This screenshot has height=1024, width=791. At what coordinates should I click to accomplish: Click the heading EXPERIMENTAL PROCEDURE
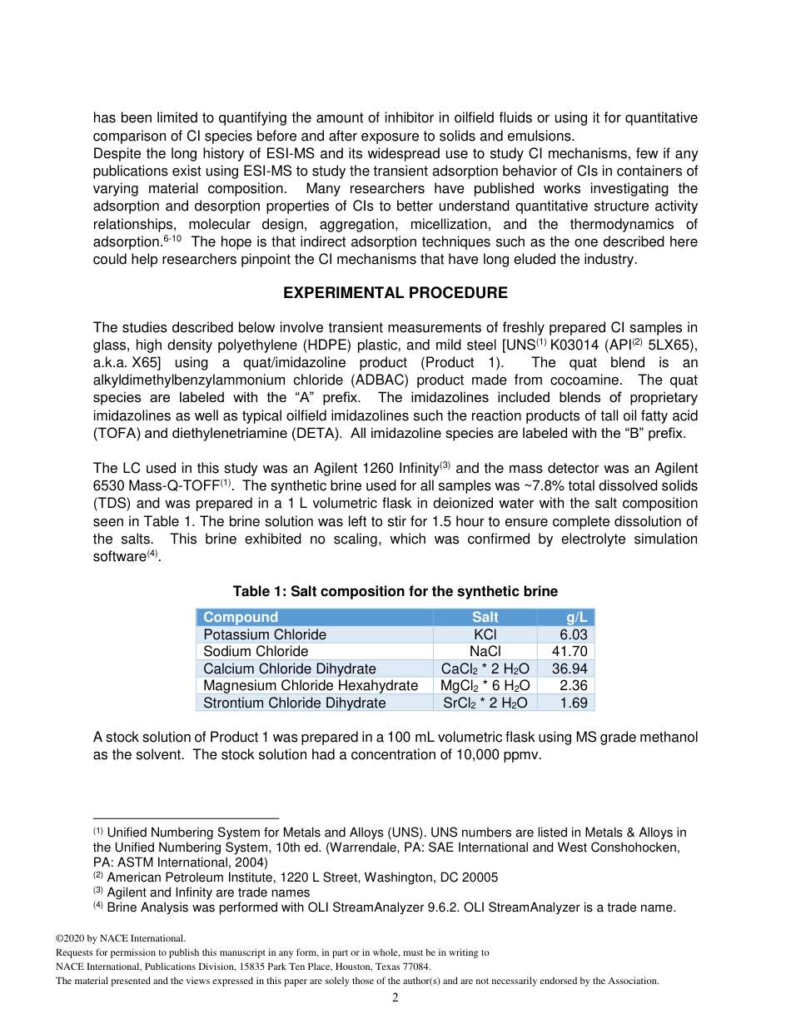click(x=395, y=293)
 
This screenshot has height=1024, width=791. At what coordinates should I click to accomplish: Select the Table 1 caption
click(x=395, y=591)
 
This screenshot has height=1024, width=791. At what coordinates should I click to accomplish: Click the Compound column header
click(x=241, y=617)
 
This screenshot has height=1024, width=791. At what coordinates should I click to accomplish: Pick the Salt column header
click(x=485, y=617)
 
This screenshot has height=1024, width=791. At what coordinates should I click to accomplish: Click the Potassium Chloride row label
click(x=265, y=634)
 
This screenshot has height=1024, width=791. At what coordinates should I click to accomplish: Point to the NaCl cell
click(x=485, y=652)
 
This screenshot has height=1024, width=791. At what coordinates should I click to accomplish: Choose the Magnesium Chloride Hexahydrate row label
click(x=311, y=686)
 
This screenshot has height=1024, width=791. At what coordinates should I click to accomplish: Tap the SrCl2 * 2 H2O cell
click(x=485, y=703)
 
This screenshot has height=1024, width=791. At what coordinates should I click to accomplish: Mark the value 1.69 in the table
click(x=574, y=703)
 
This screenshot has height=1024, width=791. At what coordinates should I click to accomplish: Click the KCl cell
click(x=485, y=634)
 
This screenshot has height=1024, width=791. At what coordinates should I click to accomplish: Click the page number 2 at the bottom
click(x=395, y=998)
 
